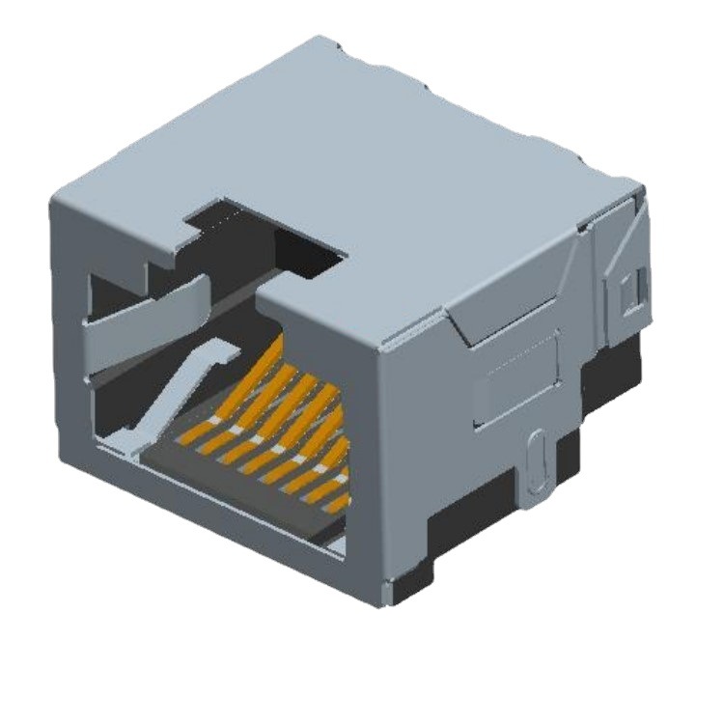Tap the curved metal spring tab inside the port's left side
154,319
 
